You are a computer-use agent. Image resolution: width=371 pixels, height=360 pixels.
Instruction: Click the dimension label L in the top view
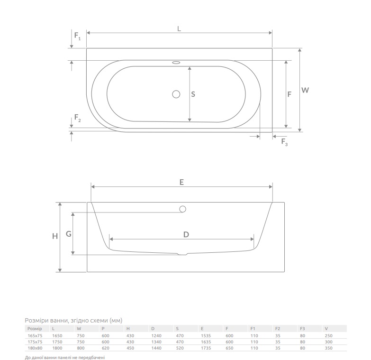tap(179, 28)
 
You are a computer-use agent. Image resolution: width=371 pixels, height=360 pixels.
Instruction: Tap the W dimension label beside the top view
tap(305, 90)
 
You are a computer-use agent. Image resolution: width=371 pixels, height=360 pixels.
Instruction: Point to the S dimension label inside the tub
tap(193, 94)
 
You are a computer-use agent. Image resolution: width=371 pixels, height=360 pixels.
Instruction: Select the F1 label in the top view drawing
tap(77, 36)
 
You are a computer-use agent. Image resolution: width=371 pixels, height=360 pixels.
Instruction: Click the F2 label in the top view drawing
tap(77, 119)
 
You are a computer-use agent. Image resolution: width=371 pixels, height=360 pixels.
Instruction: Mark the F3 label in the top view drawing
tap(284, 142)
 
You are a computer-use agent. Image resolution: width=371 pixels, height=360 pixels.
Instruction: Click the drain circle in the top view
tap(176, 94)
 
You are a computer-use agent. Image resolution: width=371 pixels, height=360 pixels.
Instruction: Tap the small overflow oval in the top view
tap(176, 62)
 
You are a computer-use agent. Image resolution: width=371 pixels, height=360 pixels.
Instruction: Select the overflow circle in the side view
tap(182, 209)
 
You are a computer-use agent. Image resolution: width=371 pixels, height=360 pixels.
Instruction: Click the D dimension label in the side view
tap(186, 234)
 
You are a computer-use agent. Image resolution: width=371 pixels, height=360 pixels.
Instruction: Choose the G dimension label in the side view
tap(68, 234)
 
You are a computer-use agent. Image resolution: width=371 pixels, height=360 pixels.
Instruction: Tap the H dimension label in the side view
tap(55, 236)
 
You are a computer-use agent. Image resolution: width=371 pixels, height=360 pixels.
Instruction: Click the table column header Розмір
tap(35, 328)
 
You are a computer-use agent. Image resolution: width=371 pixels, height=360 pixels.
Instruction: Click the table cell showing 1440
tap(155, 348)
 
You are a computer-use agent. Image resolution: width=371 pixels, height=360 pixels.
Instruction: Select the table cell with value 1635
tap(205, 342)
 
